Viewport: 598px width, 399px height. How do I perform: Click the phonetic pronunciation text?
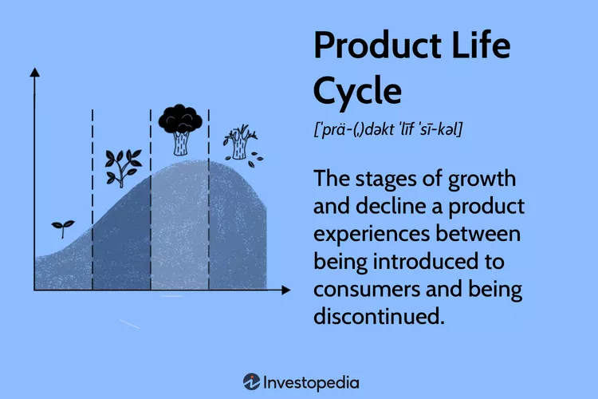388,128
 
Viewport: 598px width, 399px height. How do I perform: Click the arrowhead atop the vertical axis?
35,73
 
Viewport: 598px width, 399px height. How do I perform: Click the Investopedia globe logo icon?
252,382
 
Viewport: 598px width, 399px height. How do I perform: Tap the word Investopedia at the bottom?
311,383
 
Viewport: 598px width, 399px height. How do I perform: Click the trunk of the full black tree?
181,144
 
